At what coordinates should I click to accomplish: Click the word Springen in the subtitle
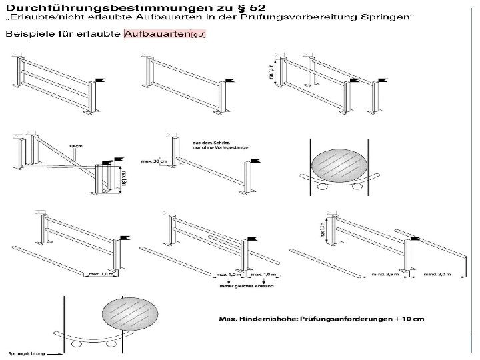[x=385, y=18]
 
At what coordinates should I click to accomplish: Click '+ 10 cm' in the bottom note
[x=407, y=317]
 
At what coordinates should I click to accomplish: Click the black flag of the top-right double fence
[x=383, y=81]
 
